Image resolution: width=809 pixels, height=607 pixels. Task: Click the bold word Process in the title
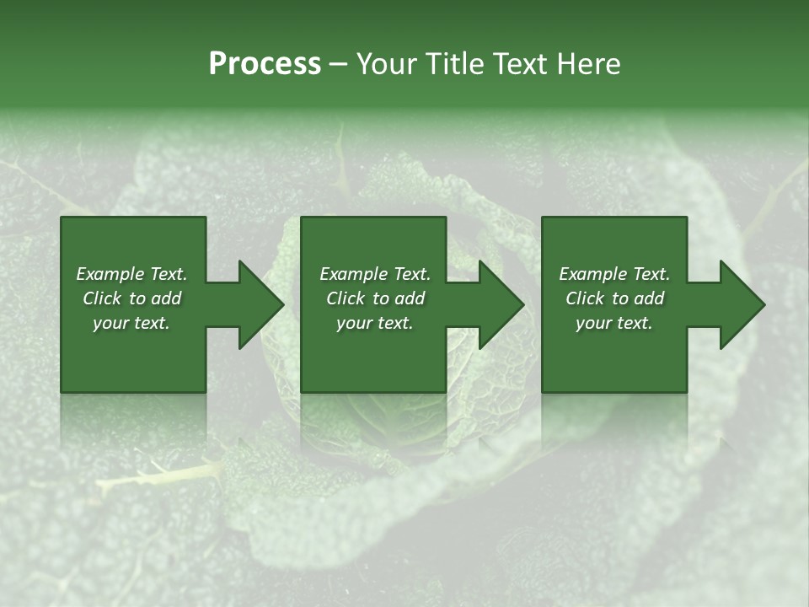[x=265, y=64]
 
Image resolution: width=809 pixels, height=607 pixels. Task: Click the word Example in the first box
[x=110, y=274]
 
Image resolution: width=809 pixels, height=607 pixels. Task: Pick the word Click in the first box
[x=103, y=298]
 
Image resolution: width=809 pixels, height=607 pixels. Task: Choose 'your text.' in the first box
[x=131, y=323]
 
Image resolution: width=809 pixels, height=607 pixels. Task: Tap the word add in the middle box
[x=410, y=298]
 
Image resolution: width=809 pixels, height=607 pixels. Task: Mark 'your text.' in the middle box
[x=374, y=323]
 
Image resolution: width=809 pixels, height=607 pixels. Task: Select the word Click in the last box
[x=586, y=298]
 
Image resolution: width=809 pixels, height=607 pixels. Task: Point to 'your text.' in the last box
[x=614, y=323]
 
